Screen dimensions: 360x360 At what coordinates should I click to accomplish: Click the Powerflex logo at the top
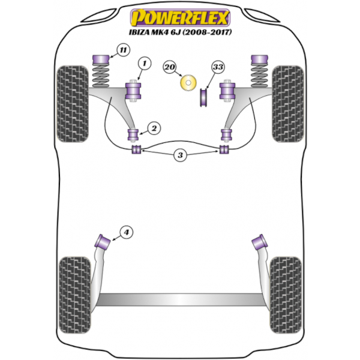pos(180,17)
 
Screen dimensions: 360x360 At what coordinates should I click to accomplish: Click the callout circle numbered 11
pos(123,50)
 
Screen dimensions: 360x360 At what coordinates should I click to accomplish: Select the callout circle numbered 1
pos(145,63)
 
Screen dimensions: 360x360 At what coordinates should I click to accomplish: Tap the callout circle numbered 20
pos(170,67)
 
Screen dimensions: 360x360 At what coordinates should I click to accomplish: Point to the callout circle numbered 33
pos(218,67)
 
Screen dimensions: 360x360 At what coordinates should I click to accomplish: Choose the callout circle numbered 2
pos(154,128)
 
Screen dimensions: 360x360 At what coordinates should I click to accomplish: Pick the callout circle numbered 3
pos(180,155)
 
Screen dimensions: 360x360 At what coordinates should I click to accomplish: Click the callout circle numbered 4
pos(127,232)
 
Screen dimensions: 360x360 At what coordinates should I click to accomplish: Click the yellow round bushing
pos(188,82)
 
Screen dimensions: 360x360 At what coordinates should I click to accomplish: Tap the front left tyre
pos(73,104)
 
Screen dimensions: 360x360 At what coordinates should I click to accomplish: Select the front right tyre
pos(288,104)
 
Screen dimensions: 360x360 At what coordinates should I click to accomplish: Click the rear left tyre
pos(75,295)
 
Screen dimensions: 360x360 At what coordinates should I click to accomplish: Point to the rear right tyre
pos(286,295)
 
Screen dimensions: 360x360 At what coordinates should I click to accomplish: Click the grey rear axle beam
pos(180,299)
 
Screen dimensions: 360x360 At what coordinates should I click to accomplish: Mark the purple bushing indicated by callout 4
pos(103,242)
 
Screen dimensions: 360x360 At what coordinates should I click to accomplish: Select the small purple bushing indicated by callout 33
pos(203,98)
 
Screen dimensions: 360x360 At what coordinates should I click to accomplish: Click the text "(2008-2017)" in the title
pos(207,32)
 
